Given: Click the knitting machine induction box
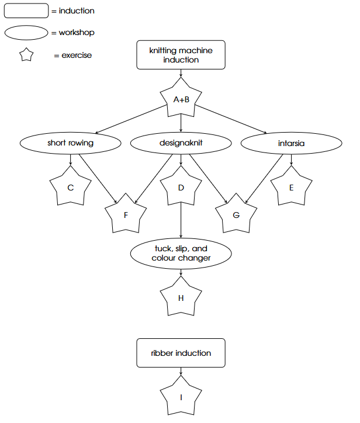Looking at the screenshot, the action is point(181,55).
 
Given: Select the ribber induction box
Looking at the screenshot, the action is point(181,353).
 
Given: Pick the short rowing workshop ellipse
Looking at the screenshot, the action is point(71,143).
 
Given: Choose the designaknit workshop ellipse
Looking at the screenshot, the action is point(181,143).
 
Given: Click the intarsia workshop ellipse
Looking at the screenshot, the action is point(292,143).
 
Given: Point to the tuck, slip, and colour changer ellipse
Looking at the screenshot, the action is point(181,254).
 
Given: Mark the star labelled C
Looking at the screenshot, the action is point(71,187).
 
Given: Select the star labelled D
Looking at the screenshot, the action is point(181,187).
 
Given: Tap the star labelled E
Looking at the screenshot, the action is point(292,187).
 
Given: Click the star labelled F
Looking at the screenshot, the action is point(126,214).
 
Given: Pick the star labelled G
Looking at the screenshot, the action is point(236,214).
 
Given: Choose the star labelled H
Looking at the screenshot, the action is point(181,297).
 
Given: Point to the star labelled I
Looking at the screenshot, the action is point(181,396).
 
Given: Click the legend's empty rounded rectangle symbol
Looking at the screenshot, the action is point(26,11).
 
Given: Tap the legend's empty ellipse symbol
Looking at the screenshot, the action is point(26,33).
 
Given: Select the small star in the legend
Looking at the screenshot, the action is point(26,55).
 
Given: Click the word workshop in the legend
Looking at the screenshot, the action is point(77,33).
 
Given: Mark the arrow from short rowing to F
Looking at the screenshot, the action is point(98,178).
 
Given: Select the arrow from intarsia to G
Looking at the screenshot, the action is point(264,179).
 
